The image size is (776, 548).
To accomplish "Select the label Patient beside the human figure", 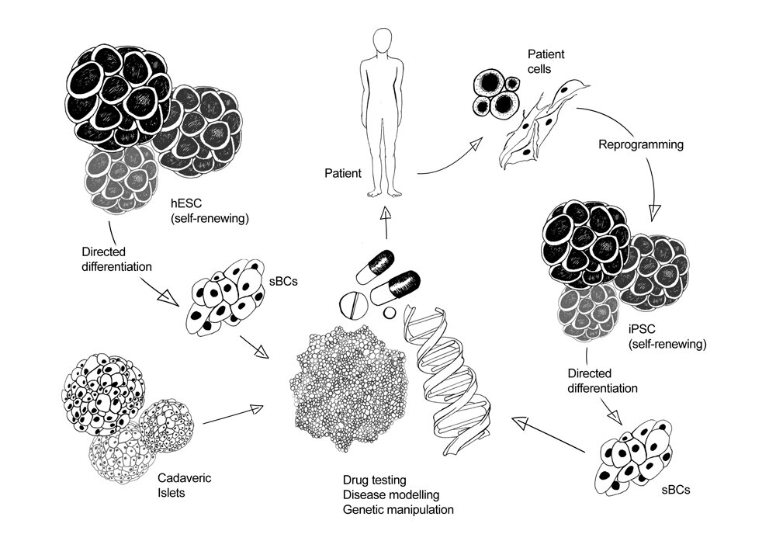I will [343, 174].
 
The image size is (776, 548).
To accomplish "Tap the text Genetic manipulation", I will [398, 510].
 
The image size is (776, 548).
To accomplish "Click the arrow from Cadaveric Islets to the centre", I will [233, 415].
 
